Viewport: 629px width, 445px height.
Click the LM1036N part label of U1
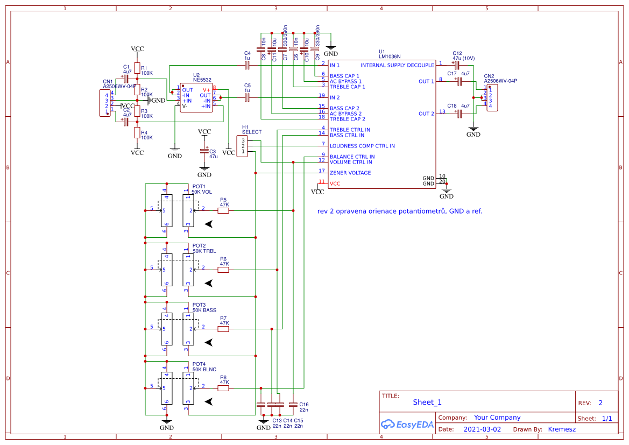(390, 56)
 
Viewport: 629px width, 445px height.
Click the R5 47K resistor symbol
(223, 210)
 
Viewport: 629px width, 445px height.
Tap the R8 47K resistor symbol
(223, 388)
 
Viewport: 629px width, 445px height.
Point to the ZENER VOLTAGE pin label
(350, 173)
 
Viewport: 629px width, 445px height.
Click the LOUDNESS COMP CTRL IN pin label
(362, 146)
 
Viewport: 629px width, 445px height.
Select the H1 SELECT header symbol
(243, 146)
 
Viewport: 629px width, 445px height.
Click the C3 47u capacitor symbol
(204, 151)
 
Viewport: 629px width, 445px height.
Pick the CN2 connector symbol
(492, 97)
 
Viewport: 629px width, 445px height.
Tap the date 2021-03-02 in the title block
(482, 429)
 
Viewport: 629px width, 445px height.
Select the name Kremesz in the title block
(562, 429)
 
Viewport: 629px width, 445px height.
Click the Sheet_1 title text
(427, 402)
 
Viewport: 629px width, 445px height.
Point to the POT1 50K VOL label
(202, 189)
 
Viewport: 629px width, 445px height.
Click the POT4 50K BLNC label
(204, 367)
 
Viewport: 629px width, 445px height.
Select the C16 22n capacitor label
(304, 407)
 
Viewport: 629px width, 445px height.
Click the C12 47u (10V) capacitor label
(463, 55)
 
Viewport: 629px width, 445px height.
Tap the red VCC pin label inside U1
(335, 183)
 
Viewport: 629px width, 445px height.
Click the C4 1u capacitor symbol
(247, 65)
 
